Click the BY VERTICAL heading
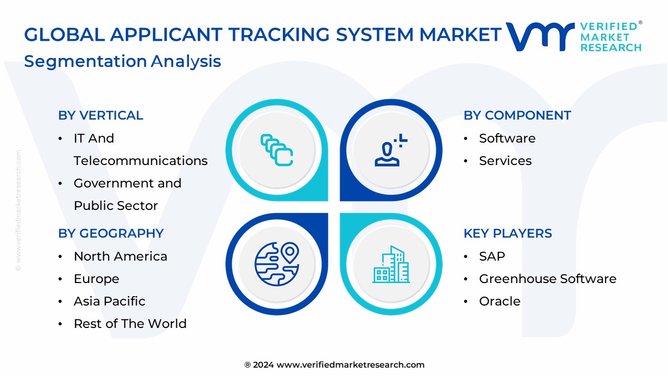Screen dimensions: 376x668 (100, 115)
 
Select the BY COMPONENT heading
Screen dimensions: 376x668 (517, 115)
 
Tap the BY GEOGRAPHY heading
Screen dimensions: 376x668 (111, 233)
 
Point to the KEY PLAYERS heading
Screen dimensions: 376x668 (507, 233)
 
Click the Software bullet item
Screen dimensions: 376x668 (507, 138)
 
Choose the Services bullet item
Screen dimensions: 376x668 (505, 161)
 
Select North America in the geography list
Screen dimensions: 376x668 (121, 256)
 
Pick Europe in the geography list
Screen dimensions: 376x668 (97, 279)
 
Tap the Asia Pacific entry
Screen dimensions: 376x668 (110, 301)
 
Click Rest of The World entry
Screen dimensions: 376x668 (130, 324)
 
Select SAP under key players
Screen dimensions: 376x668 (492, 256)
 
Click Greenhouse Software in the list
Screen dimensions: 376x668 (547, 279)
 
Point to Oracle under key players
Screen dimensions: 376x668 (499, 301)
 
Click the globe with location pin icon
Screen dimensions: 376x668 (277, 264)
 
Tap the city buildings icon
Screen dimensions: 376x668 (391, 265)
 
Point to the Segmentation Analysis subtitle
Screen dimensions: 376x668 (123, 61)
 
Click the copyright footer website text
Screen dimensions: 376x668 (334, 365)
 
